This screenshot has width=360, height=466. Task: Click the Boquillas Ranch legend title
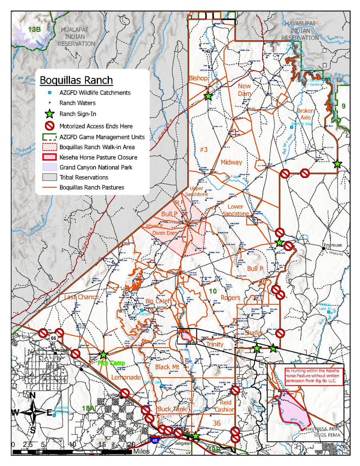pos(76,80)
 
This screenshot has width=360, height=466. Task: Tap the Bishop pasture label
pos(199,78)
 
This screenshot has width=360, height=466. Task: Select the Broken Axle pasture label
pos(305,114)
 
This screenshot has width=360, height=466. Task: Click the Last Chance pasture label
pos(81,297)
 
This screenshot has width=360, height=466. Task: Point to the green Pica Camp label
pos(111,363)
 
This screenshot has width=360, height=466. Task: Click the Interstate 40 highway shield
pos(154,440)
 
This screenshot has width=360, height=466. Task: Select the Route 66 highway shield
pos(52,338)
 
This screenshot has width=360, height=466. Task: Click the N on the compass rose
pos(33,396)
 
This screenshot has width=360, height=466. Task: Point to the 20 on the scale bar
pos(131,444)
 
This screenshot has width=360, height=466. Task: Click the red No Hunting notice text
pos(312,376)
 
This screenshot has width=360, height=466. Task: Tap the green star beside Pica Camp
pos(103,354)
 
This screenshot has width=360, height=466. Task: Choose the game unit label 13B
pos(34,29)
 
